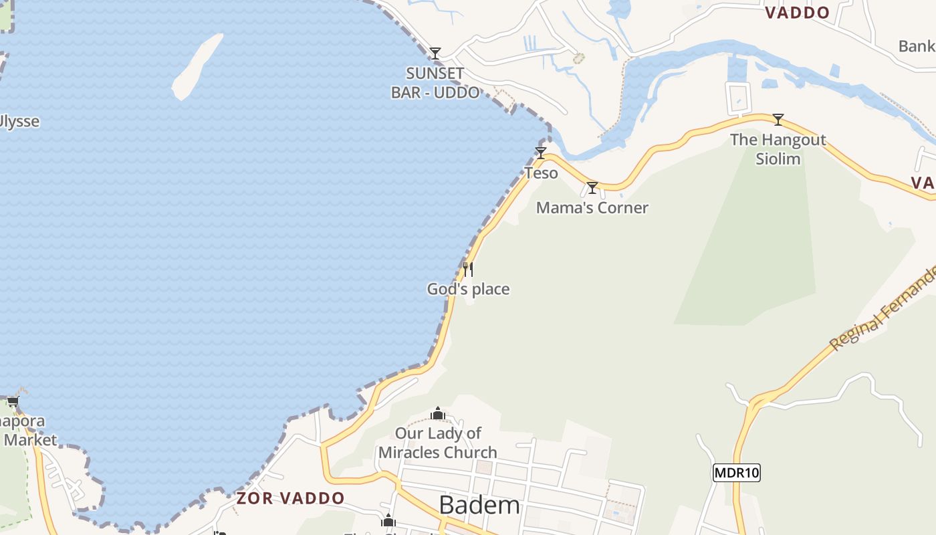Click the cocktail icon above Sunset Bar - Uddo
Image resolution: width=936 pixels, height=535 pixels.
[435, 53]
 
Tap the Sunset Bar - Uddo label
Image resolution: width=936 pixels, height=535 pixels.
[435, 83]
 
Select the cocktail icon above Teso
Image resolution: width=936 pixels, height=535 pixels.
[540, 152]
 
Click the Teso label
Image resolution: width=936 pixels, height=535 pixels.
[541, 173]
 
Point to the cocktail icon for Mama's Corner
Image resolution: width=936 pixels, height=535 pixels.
[592, 187]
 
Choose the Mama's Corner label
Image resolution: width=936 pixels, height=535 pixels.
[592, 208]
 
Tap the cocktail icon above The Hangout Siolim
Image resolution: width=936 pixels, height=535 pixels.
[778, 120]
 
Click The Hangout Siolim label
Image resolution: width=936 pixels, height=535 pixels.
[778, 149]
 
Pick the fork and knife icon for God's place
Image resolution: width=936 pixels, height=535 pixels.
[468, 269]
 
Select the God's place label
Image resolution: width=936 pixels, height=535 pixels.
[468, 290]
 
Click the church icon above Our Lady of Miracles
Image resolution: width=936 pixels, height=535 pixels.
[438, 413]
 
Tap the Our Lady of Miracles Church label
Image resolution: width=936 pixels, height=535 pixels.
[438, 443]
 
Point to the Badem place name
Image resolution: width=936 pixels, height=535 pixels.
[479, 506]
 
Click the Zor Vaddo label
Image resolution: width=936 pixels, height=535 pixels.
[290, 498]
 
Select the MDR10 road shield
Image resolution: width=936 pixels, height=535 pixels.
[737, 473]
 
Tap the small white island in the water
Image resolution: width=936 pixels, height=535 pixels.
[197, 67]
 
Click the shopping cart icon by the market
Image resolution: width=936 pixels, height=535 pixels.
[13, 402]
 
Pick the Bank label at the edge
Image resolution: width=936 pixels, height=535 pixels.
[917, 46]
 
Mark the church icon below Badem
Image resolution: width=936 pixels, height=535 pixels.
[388, 521]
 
